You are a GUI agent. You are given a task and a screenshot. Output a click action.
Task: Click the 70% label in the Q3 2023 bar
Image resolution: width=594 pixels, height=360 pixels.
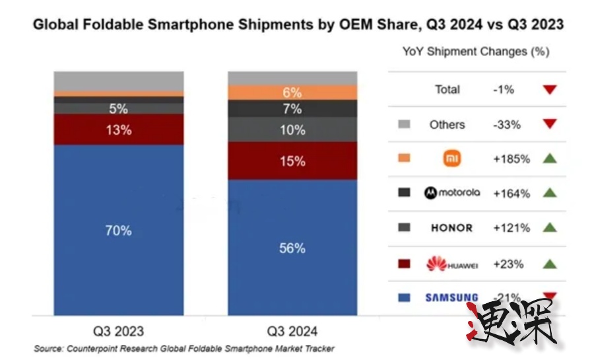[x=119, y=231]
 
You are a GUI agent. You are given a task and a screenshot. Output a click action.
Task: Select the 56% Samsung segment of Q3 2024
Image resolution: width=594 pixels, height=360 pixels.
[x=292, y=248]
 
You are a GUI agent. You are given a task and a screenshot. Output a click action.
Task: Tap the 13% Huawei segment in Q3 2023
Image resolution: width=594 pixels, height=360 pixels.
[x=119, y=130]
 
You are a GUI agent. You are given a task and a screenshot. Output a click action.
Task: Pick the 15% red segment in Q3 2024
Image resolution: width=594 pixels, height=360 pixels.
[x=292, y=161]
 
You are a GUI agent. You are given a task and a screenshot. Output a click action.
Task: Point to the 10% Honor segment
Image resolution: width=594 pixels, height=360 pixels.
[x=292, y=130]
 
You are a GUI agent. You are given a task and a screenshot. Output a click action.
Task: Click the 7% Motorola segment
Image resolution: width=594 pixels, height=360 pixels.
[x=292, y=109]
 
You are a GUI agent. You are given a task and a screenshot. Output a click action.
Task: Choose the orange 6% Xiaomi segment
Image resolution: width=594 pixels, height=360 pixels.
[x=292, y=92]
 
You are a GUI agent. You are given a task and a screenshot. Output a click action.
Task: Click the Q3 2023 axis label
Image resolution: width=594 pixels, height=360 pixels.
[x=119, y=330]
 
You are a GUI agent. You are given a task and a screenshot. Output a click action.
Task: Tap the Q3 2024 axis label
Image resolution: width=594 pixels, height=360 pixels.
[x=292, y=330]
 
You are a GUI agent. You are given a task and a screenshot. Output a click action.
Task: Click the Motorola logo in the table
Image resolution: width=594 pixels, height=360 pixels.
[x=452, y=193]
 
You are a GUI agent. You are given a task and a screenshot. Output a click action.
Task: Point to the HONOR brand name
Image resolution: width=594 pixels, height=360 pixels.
[x=452, y=228]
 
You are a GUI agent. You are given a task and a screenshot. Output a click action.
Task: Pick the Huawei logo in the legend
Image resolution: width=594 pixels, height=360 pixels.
[x=452, y=264]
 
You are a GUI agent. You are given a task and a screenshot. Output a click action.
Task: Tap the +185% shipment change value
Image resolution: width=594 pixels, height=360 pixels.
[x=511, y=159]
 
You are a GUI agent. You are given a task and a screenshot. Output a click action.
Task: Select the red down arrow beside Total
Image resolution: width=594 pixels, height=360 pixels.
[x=550, y=89]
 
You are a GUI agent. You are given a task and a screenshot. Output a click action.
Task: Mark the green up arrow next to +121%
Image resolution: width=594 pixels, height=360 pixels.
[x=550, y=228]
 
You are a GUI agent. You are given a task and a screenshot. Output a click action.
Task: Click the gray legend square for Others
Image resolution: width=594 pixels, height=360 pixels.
[x=405, y=124]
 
